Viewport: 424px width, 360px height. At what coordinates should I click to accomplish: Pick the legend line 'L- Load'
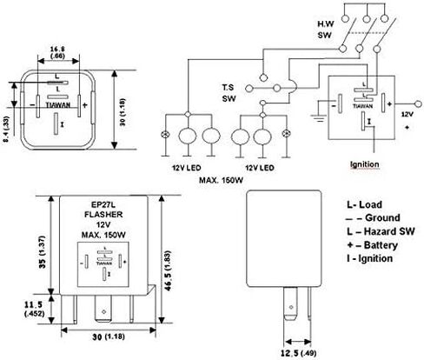362,203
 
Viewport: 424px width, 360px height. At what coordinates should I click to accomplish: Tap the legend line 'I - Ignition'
368,258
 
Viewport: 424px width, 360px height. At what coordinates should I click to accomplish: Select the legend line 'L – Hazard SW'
376,230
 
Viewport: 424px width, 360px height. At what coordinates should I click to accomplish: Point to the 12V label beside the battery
404,113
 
